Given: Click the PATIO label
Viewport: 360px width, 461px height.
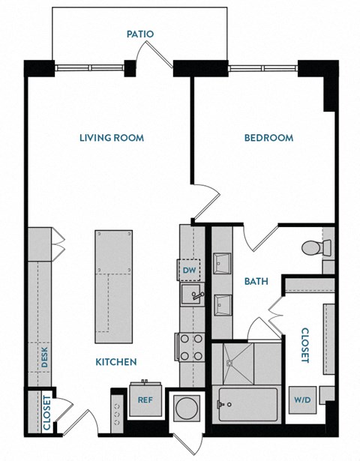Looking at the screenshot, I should point(140,34).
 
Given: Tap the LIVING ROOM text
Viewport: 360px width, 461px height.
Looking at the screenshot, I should point(112,138).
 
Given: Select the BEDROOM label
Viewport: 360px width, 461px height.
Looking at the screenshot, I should point(268,138).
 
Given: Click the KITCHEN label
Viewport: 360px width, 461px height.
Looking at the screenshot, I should point(115,362).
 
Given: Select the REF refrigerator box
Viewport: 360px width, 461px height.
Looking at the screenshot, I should point(145,400).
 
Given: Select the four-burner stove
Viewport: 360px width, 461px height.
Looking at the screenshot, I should point(189,346).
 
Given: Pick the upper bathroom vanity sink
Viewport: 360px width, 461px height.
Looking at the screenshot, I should point(222,263).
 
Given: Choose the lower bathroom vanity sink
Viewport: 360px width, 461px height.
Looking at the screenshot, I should point(222,304).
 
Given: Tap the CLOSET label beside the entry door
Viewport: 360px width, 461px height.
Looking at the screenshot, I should point(46,412).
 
